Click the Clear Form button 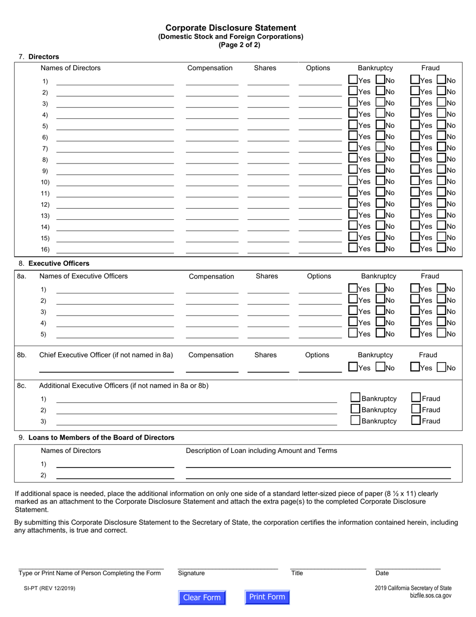[202, 597]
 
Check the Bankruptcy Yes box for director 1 [353, 80]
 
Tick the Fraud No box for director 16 [441, 248]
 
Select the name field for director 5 [115, 125]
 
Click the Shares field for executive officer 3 [268, 311]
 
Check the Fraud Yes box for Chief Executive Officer [415, 367]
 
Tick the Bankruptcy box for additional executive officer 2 [356, 409]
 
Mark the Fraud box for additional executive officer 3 [416, 420]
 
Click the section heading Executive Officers [59, 263]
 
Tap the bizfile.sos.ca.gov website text [430, 596]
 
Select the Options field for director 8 [320, 159]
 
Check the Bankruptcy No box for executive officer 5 [380, 333]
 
